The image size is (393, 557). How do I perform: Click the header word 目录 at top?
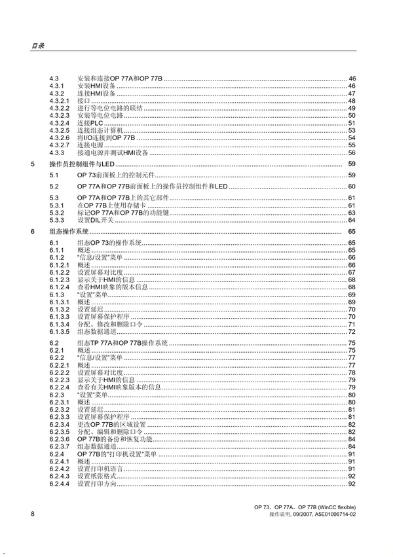coord(37,46)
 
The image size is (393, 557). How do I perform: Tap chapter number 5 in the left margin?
coord(33,164)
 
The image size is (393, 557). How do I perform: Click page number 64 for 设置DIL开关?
coord(351,220)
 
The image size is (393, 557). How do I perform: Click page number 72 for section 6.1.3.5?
coord(351,332)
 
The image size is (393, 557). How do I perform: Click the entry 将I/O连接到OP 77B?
coord(106,138)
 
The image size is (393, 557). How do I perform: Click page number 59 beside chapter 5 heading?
coord(351,164)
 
